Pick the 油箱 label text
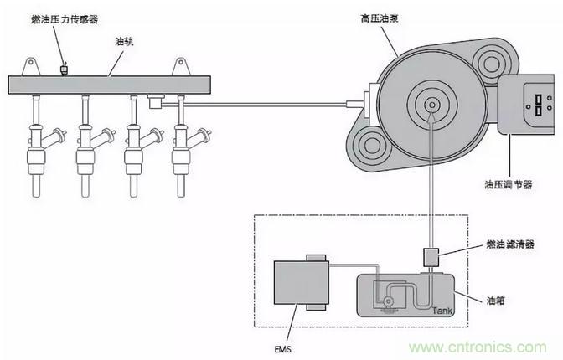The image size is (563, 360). click(497, 299)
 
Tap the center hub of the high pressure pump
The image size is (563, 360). click(431, 107)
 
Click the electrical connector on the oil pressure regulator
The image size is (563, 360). click(533, 105)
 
